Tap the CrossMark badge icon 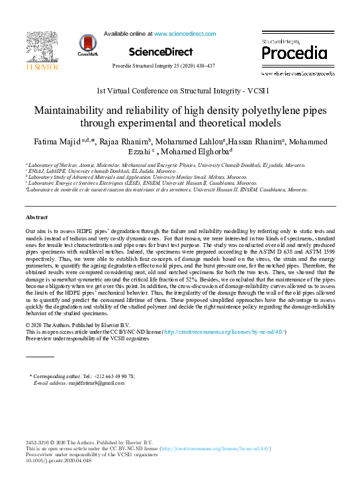tap(88, 44)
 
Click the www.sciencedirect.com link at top tap(180, 32)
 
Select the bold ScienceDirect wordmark tap(161, 52)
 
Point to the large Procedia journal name tap(291, 52)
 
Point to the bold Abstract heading tap(36, 199)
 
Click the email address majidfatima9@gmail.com tap(92, 383)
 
